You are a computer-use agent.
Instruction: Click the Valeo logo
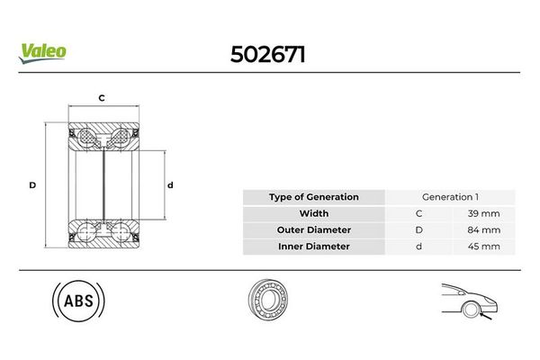pos(42,53)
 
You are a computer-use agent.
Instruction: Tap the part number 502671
pos(268,55)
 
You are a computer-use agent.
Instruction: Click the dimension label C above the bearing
pos(102,98)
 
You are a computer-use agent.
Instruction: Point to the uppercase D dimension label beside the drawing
pos(32,185)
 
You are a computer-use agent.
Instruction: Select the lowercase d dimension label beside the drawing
pos(170,185)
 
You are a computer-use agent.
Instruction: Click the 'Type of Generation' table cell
pos(314,197)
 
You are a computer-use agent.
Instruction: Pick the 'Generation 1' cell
pos(450,197)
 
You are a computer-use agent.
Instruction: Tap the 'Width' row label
pos(314,213)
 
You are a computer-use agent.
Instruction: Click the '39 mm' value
pos(483,213)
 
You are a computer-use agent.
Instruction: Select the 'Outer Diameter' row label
pos(314,230)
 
